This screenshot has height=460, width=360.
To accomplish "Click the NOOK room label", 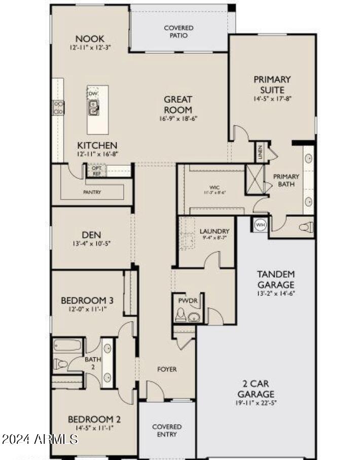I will (x=90, y=39).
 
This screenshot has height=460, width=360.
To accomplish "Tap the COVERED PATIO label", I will (x=178, y=31).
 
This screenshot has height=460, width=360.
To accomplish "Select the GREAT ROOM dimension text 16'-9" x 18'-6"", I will (x=178, y=119).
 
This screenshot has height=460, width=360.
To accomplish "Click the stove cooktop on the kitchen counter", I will (x=58, y=107).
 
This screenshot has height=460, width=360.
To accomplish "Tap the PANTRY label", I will (x=92, y=192).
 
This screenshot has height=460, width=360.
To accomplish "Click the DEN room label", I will (x=91, y=235).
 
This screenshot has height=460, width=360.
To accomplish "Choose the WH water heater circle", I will (x=260, y=224).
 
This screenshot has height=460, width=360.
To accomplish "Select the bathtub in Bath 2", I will (x=68, y=347).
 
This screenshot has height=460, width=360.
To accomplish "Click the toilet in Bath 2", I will (x=61, y=363).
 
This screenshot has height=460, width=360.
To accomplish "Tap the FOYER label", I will (x=167, y=369).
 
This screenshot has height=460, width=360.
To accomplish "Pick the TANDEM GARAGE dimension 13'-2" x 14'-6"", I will (x=275, y=293).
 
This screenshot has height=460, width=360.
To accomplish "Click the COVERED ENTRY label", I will (x=167, y=431).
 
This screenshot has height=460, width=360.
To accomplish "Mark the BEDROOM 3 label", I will (x=87, y=299).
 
